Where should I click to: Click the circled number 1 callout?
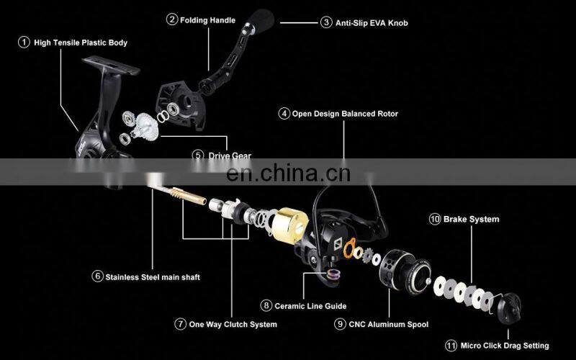pyautogui.click(x=24, y=43)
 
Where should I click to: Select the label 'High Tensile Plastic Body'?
pyautogui.click(x=81, y=43)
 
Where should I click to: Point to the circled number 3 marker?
pyautogui.click(x=326, y=23)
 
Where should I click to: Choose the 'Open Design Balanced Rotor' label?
pyautogui.click(x=345, y=114)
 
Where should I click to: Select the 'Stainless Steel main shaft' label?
pyautogui.click(x=152, y=276)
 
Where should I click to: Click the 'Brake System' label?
pyautogui.click(x=472, y=219)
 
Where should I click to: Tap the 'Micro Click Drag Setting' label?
pyautogui.click(x=507, y=346)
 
